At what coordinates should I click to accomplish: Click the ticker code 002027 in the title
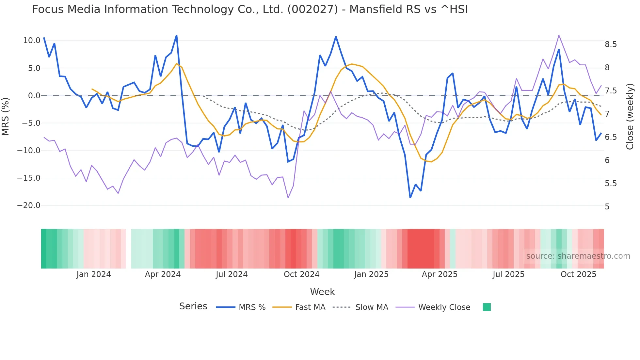pos(312,9)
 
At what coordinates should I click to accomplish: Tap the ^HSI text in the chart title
pos(454,9)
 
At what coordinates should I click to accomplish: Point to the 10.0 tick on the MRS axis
pos(32,41)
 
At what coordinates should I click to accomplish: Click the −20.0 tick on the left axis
pos(29,205)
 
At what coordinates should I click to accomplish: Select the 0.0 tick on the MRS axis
pos(34,96)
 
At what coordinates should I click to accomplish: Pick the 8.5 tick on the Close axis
pos(611,44)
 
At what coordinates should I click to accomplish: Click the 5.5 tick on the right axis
pos(611,184)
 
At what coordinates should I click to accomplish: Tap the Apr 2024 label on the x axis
pos(163,274)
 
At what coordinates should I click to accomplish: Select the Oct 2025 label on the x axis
pos(578,274)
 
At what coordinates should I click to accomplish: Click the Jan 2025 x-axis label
pos(371,274)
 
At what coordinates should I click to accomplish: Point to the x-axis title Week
pos(322,292)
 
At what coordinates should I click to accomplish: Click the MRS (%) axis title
pos(6,116)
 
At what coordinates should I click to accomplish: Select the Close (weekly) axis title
pos(630,116)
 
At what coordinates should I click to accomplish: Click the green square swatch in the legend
pos(487,307)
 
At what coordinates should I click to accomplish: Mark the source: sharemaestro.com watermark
pos(578,256)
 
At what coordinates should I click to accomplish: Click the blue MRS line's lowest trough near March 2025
pos(410,197)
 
